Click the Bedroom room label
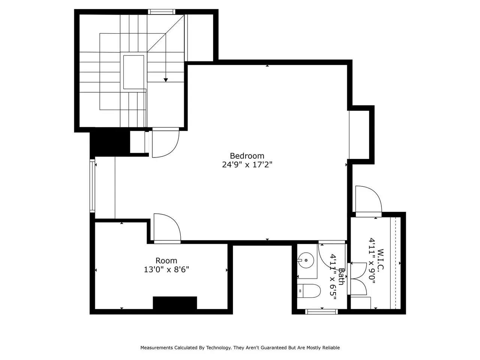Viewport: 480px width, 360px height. [x=247, y=156]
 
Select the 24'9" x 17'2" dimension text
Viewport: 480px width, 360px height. [x=247, y=165]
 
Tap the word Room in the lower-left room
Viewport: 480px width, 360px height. [x=166, y=261]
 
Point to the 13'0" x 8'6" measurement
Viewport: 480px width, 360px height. [x=166, y=270]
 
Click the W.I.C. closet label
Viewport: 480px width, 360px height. [x=381, y=259]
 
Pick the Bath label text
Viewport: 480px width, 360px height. [x=341, y=277]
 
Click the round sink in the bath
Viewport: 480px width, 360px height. [x=306, y=260]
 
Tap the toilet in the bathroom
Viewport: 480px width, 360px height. [x=309, y=291]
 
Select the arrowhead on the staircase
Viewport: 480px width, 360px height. [x=166, y=80]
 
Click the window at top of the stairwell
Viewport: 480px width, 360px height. [x=162, y=12]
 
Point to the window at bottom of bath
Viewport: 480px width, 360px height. [x=321, y=312]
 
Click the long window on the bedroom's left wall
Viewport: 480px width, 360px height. [x=92, y=186]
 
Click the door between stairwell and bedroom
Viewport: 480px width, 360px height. [x=165, y=142]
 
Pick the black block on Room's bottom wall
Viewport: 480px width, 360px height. [x=175, y=303]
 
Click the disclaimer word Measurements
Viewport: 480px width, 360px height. [x=157, y=348]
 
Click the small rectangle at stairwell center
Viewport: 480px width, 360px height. [x=133, y=72]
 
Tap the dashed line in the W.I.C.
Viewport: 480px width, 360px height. [x=395, y=263]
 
